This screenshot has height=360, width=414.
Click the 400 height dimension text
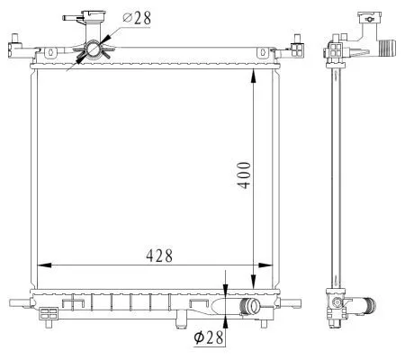(243, 170)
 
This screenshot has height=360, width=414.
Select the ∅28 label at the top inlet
(136, 17)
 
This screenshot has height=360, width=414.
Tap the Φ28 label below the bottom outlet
(209, 338)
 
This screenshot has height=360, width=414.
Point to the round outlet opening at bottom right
(252, 308)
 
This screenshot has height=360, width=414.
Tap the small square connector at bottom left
(49, 314)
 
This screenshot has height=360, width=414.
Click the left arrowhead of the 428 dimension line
(42, 265)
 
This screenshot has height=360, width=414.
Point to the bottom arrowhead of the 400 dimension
(253, 286)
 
